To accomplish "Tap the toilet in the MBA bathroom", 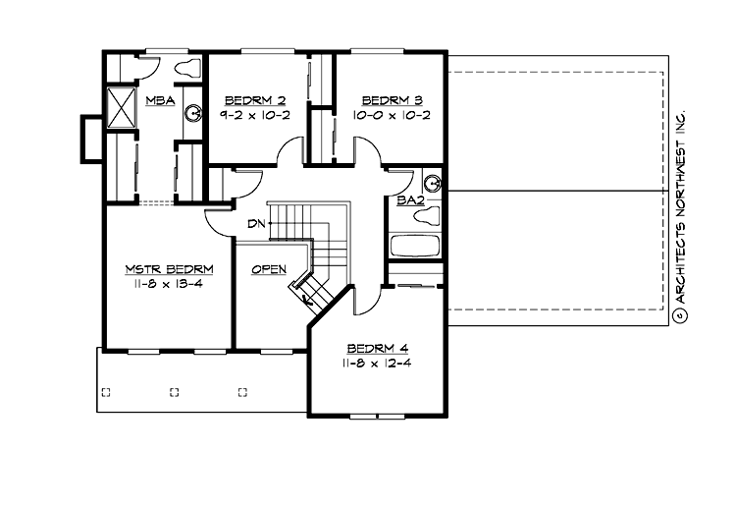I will click(x=186, y=68).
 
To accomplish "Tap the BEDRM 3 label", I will click(x=392, y=100).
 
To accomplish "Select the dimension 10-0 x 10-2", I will click(x=392, y=115).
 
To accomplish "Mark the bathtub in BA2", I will click(x=415, y=245).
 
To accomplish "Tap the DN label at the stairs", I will click(x=257, y=224).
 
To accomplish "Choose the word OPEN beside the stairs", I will click(x=268, y=269).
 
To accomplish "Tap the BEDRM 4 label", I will click(x=378, y=349).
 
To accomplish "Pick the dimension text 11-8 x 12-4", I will click(x=378, y=364).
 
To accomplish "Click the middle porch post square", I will click(x=175, y=392).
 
